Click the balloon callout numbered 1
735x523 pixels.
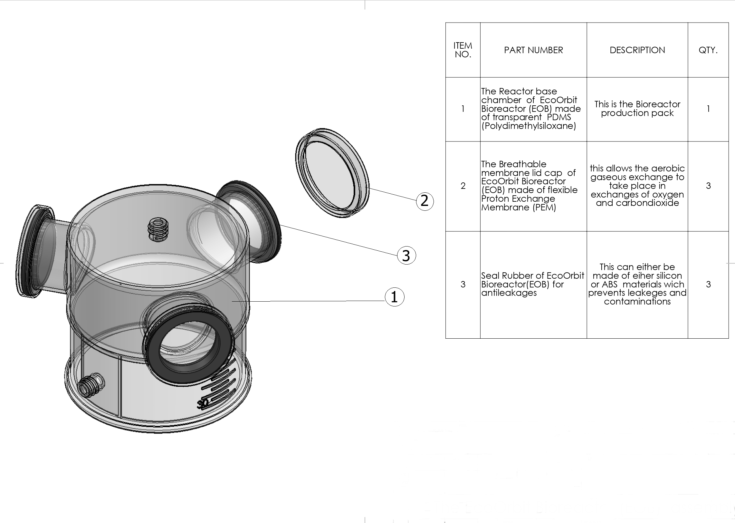click(394, 297)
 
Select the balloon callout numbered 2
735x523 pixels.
click(425, 201)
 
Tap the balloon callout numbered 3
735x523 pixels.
click(406, 256)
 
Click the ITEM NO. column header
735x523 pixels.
click(463, 50)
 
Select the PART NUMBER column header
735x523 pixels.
click(533, 50)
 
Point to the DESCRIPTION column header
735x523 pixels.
click(637, 50)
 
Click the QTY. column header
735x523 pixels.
click(708, 50)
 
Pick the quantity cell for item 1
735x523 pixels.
click(708, 109)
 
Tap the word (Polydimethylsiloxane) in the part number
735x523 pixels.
click(529, 126)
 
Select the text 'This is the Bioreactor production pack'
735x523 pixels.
click(637, 109)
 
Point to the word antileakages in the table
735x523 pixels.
click(509, 293)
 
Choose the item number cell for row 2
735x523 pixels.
click(463, 186)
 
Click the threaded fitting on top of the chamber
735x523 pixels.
click(158, 229)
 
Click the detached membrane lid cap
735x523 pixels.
click(332, 173)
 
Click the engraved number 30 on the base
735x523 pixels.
click(204, 403)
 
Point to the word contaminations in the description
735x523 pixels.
click(637, 301)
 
